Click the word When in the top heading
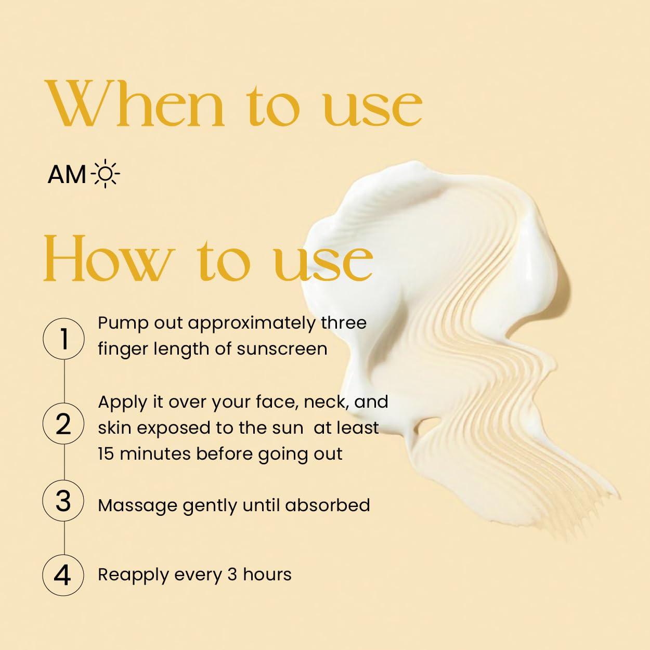click(135, 103)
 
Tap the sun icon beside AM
click(105, 173)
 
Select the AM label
click(67, 174)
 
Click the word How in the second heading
click(110, 257)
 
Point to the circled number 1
click(63, 339)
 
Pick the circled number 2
click(63, 423)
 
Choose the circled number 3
click(63, 501)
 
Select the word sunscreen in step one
click(282, 349)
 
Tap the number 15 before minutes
click(106, 453)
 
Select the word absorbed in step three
click(327, 505)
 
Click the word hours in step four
click(267, 575)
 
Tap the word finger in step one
click(123, 349)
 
